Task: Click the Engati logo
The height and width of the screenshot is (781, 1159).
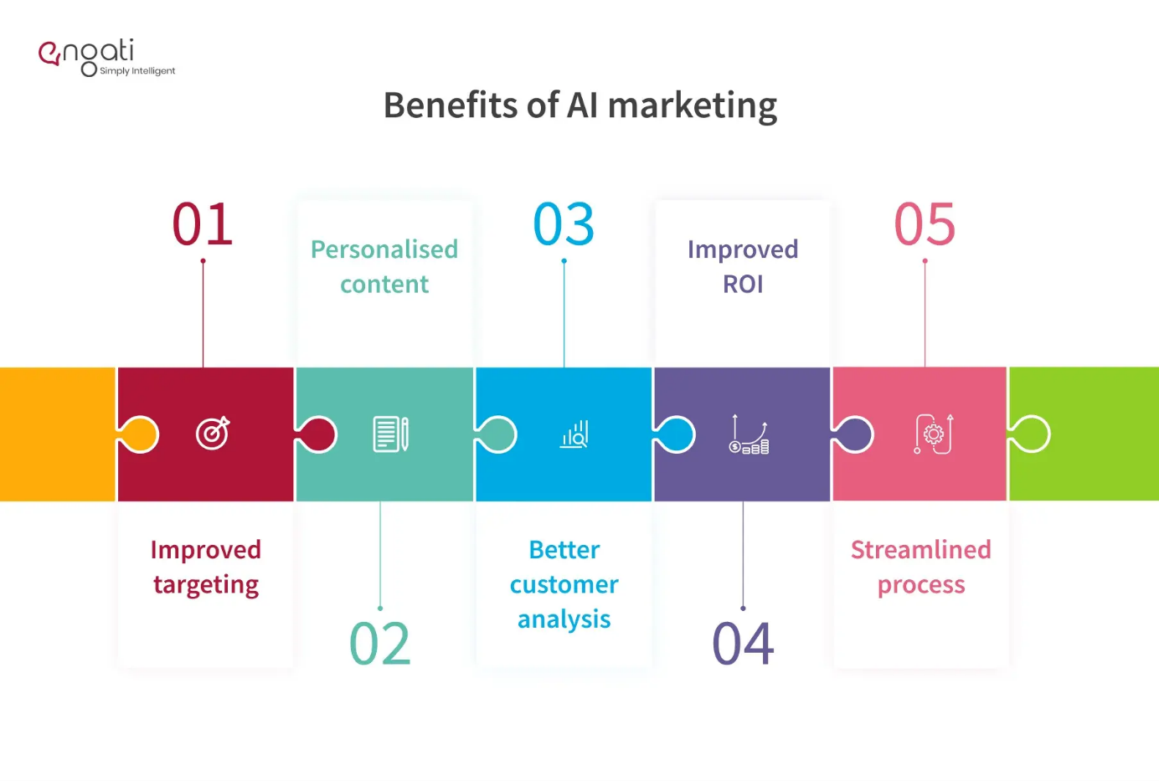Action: coord(106,58)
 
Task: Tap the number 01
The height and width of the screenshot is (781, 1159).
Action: coord(203,224)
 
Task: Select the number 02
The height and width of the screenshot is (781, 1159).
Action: coord(380,643)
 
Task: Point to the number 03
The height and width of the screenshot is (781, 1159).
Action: coord(564,224)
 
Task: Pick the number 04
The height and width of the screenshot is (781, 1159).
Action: coord(743,643)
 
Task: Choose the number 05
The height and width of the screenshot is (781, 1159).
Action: coord(925,224)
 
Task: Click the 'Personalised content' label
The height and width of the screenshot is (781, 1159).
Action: coord(384,266)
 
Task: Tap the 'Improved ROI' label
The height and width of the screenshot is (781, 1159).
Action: coord(743,266)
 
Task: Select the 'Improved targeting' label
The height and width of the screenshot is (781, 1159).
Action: coord(206,567)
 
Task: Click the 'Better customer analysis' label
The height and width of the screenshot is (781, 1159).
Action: coord(564,584)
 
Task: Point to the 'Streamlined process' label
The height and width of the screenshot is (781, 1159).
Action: coord(921,567)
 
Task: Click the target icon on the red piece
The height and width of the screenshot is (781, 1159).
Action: coord(213,433)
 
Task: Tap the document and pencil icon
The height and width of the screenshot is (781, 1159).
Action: coord(390,434)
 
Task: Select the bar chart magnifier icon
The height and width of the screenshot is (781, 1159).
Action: coord(574,434)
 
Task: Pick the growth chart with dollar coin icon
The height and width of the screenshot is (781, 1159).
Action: coord(749,434)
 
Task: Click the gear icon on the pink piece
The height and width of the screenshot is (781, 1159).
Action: coord(934,434)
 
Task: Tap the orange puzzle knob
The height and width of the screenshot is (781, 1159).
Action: coord(139,434)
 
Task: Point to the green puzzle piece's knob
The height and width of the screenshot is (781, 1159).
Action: coord(1030,434)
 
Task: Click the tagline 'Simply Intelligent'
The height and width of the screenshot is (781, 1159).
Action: coord(137,71)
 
